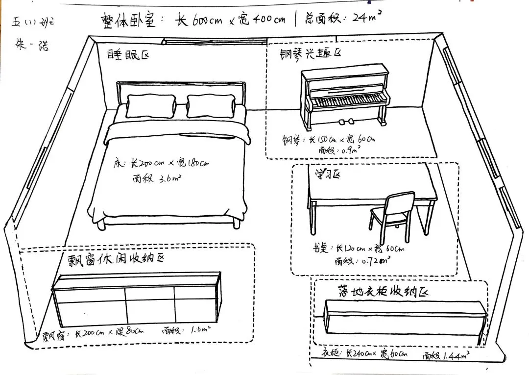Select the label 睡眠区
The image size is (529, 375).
(128, 54)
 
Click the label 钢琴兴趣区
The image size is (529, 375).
(304, 53)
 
